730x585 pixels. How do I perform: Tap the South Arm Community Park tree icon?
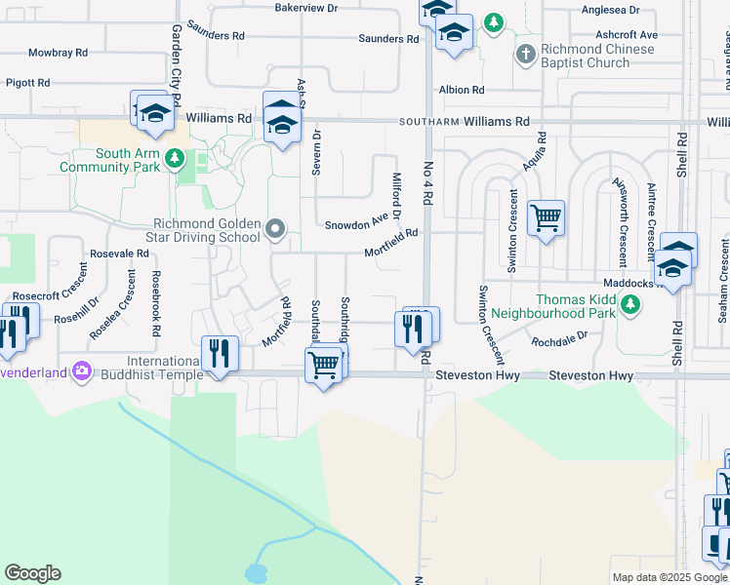pyautogui.click(x=175, y=157)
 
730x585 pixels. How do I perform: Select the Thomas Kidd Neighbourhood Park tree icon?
pyautogui.click(x=631, y=304)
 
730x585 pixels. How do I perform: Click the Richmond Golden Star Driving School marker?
pyautogui.click(x=275, y=230)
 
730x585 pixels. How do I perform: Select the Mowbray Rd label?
pyautogui.click(x=59, y=52)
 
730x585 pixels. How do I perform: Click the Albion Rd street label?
pyautogui.click(x=462, y=90)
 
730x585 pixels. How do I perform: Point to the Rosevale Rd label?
pyautogui.click(x=119, y=253)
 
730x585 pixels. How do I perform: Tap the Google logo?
pyautogui.click(x=32, y=573)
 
